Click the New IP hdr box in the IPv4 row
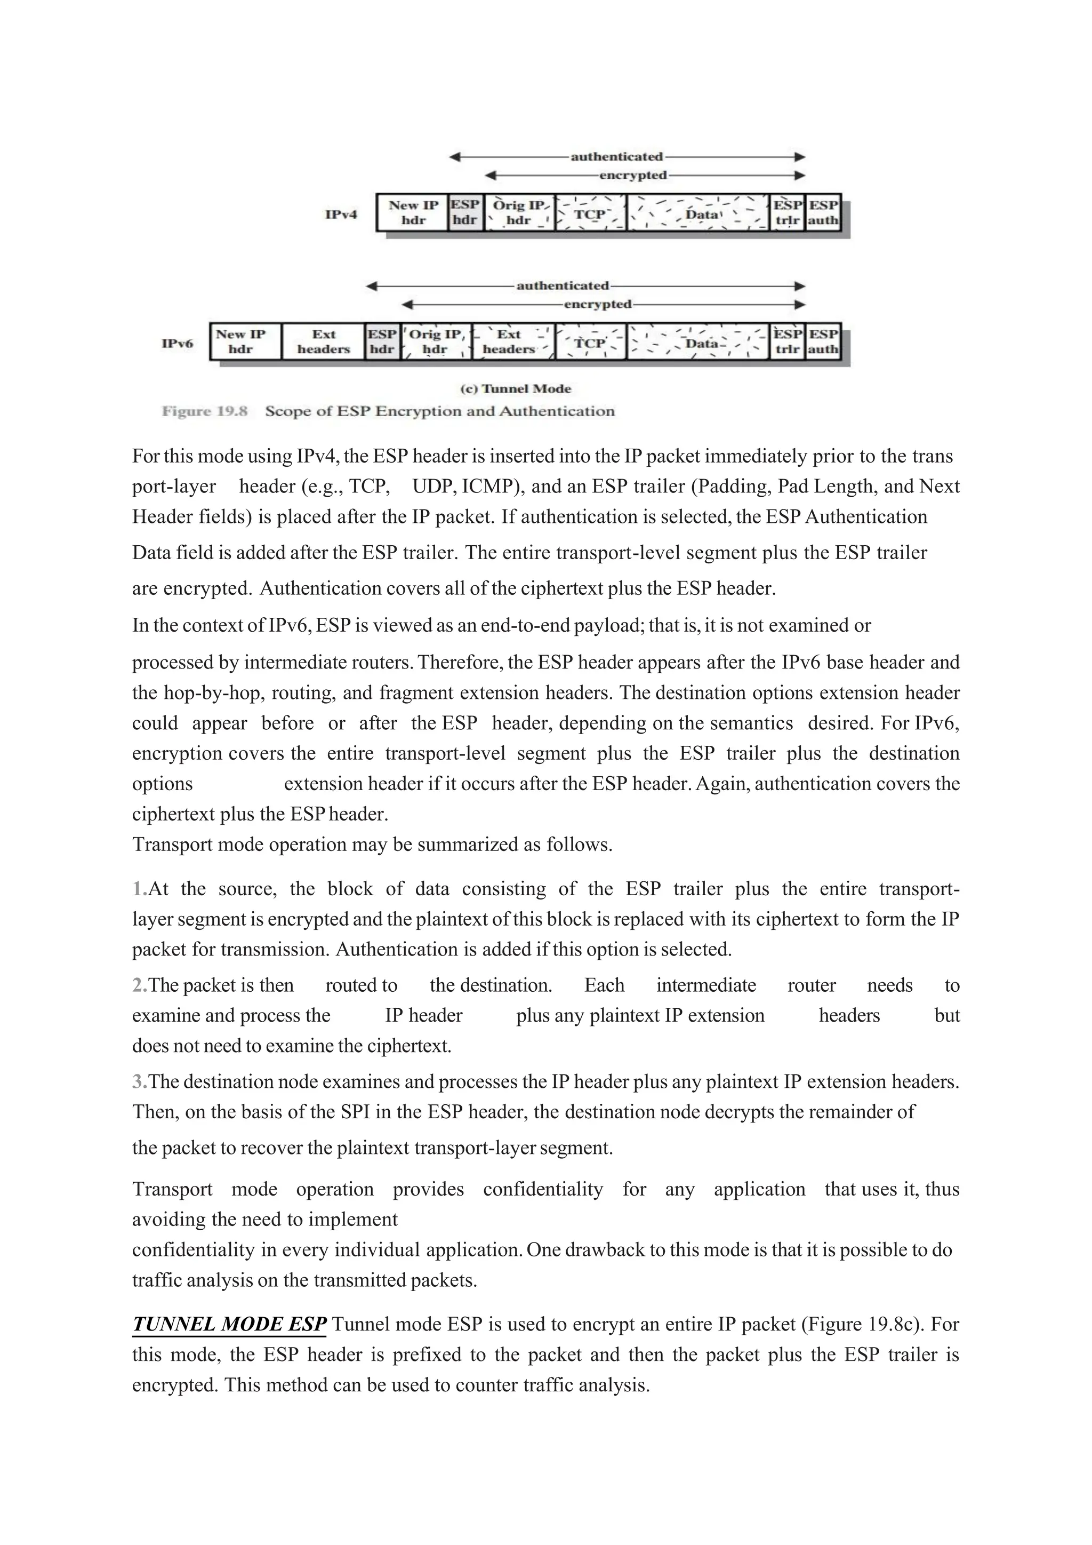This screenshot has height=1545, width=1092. (x=412, y=213)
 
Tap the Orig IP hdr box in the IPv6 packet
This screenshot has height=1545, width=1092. (x=435, y=342)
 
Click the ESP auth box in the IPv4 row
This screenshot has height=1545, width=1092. (x=823, y=213)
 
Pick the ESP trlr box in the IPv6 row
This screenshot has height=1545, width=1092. (x=788, y=342)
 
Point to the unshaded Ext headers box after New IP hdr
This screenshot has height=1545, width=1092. (x=324, y=342)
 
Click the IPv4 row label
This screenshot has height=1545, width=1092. (x=341, y=214)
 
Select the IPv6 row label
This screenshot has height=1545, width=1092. (x=177, y=344)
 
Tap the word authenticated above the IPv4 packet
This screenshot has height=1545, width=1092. (x=616, y=157)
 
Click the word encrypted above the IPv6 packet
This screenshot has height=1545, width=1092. (x=598, y=304)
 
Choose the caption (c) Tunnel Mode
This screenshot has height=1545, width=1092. (x=515, y=389)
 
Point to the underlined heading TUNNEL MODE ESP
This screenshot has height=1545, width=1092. (x=229, y=1324)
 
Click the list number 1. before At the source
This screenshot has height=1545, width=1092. (x=139, y=889)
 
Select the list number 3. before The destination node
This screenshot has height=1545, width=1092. (x=139, y=1081)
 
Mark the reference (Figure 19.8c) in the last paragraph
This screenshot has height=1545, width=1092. (x=863, y=1324)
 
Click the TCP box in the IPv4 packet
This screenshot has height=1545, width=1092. (x=590, y=214)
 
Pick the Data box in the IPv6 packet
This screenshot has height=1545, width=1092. (x=701, y=343)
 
